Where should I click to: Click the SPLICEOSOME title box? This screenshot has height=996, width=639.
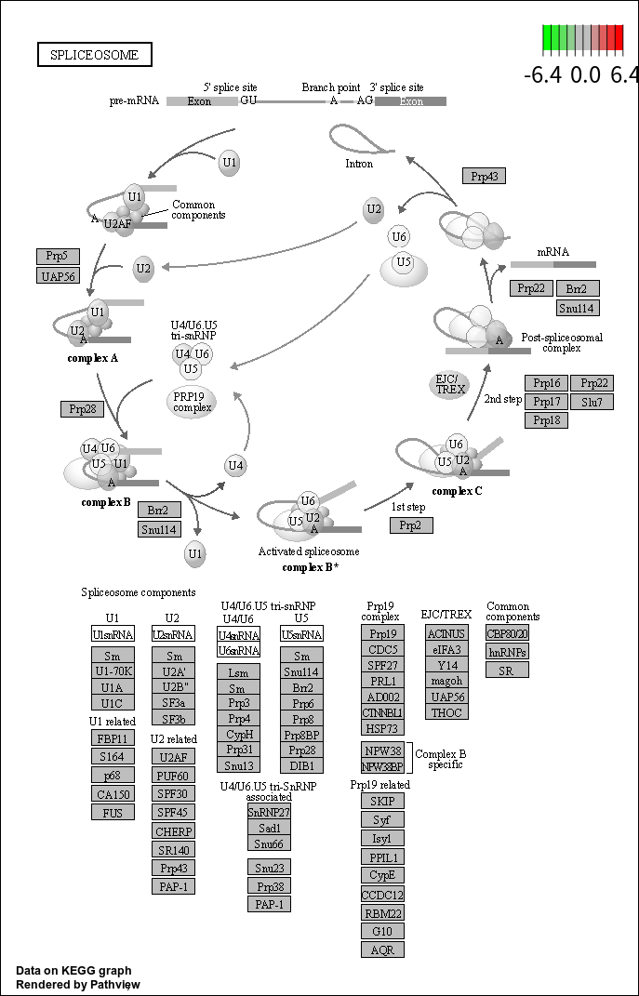[x=95, y=55]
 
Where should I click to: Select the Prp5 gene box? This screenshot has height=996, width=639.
[x=58, y=256]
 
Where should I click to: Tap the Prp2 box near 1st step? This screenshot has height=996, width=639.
[x=412, y=525]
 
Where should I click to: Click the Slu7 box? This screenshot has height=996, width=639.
[x=592, y=402]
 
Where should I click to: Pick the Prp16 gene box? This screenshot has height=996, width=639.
[x=546, y=383]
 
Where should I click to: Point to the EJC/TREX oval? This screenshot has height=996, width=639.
[x=450, y=385]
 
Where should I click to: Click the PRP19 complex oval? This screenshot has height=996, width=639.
[x=192, y=402]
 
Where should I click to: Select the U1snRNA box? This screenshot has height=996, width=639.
[x=113, y=634]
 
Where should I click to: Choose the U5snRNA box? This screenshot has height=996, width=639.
[x=301, y=634]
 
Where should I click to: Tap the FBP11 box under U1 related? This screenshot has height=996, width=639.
[x=113, y=738]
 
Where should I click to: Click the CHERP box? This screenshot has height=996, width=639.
[x=173, y=831]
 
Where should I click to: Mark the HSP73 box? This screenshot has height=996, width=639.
[x=382, y=728]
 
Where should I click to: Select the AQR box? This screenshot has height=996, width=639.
[x=382, y=950]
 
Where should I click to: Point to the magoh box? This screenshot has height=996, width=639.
[x=446, y=681]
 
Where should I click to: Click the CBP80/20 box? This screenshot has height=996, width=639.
[x=507, y=633]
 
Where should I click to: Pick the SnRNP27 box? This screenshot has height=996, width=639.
[x=270, y=811]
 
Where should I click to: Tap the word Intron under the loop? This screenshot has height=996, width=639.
[x=359, y=164]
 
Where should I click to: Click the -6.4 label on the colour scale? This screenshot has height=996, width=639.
[x=544, y=75]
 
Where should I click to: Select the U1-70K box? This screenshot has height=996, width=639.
[x=113, y=671]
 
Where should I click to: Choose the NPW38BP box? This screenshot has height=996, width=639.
[x=382, y=766]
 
